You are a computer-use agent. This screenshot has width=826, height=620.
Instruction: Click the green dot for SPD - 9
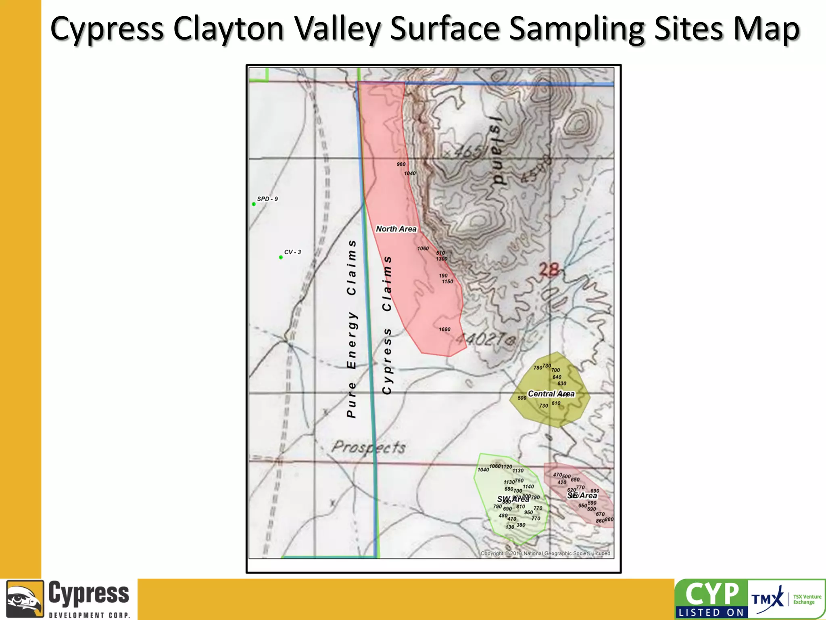pyautogui.click(x=254, y=204)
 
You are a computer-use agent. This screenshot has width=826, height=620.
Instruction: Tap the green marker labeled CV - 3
pyautogui.click(x=281, y=258)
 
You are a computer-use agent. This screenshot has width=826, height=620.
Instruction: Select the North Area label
pyautogui.click(x=396, y=229)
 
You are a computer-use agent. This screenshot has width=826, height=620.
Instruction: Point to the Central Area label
pyautogui.click(x=551, y=394)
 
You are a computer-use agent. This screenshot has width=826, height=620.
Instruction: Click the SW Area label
pyautogui.click(x=513, y=499)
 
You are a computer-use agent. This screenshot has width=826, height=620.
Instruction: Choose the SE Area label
pyautogui.click(x=582, y=495)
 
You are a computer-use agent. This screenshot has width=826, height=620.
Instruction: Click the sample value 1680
pyautogui.click(x=444, y=329)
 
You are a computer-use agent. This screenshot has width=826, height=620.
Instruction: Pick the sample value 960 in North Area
pyautogui.click(x=401, y=164)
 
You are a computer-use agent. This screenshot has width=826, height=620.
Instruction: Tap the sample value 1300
pyautogui.click(x=442, y=259)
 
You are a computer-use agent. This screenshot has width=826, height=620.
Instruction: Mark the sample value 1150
pyautogui.click(x=447, y=282)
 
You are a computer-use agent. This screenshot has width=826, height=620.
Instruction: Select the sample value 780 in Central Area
pyautogui.click(x=538, y=368)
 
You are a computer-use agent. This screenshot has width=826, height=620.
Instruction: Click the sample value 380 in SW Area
pyautogui.click(x=521, y=525)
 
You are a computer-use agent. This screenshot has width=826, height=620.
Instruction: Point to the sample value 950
pyautogui.click(x=528, y=513)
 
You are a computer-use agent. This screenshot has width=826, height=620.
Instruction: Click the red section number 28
pyautogui.click(x=549, y=270)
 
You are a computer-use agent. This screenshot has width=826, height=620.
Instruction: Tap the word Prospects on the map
pyautogui.click(x=368, y=447)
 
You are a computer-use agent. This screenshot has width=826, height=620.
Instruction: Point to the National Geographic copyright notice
pyautogui.click(x=545, y=553)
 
